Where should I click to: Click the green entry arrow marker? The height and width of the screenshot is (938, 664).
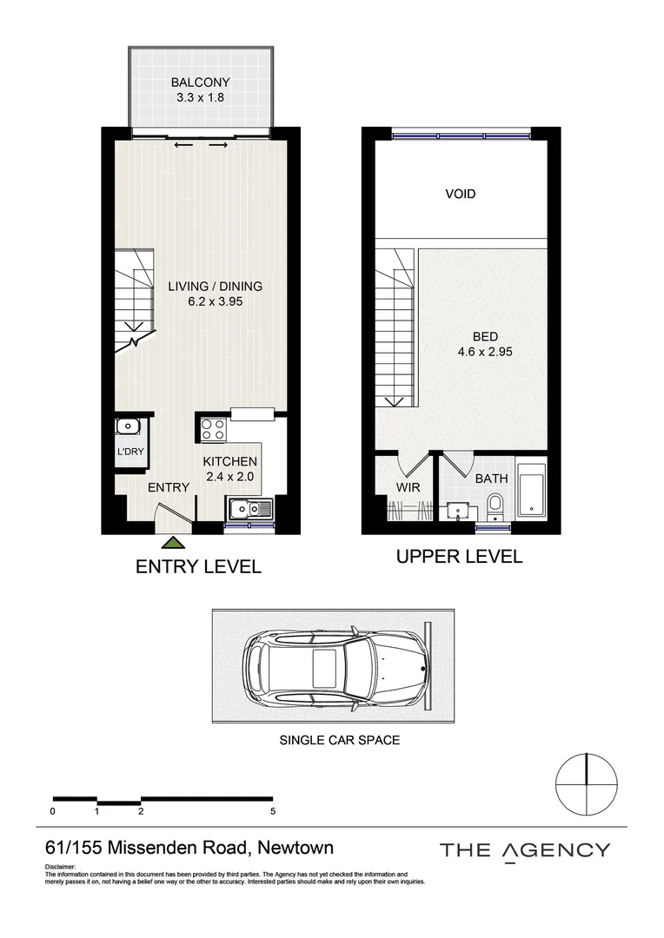coord(173,542)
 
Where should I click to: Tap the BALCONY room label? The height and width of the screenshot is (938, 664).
coord(200,83)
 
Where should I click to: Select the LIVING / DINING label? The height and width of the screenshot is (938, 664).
coord(215,286)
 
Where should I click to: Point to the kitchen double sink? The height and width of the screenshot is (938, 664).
coord(250,509)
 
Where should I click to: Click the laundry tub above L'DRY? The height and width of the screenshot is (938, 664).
coord(128,427)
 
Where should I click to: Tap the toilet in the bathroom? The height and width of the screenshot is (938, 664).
coord(495,507)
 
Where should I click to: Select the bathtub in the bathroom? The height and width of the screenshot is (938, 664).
coord(530,490)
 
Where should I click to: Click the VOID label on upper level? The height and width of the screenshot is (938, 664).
coord(461,194)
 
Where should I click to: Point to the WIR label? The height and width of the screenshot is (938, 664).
coord(408,487)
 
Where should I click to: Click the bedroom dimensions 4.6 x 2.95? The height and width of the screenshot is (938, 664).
coord(485,352)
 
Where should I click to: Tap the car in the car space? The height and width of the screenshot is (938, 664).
coord(335,665)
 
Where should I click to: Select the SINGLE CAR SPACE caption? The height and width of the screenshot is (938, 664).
coord(340,740)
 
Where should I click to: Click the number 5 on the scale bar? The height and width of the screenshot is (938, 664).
coord(273,811)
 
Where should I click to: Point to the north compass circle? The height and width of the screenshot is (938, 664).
coord(586,783)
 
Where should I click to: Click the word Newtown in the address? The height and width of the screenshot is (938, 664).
coord(295,847)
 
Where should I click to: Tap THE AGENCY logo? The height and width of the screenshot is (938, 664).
coord(525,850)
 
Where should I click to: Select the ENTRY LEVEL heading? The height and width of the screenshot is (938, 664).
coord(199,566)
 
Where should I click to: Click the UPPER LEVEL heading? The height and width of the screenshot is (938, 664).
coord(459,557)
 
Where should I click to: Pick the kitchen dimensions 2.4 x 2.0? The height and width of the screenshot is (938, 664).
coord(230,477)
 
